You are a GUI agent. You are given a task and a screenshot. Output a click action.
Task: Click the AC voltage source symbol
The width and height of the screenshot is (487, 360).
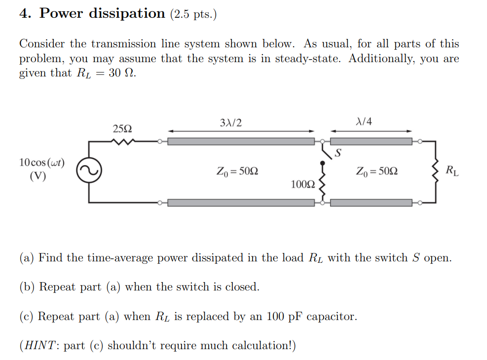(x=89, y=171)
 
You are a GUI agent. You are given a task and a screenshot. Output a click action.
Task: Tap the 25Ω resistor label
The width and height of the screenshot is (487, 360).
(x=122, y=129)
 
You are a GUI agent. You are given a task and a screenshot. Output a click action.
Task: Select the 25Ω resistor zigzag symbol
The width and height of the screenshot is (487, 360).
(x=122, y=142)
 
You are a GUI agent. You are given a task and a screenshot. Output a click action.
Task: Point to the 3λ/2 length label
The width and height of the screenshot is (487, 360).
(x=232, y=122)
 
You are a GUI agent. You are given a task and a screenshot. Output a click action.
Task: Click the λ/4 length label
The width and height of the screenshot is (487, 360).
(x=364, y=122)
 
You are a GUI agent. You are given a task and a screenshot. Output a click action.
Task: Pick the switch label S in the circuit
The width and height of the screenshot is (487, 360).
(x=338, y=153)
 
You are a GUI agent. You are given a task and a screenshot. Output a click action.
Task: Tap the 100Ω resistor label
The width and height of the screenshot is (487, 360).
(x=302, y=184)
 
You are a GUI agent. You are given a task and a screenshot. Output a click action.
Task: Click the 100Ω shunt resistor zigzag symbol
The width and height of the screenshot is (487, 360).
(x=323, y=183)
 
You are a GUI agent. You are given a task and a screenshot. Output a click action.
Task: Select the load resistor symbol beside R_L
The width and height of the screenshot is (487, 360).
(x=436, y=171)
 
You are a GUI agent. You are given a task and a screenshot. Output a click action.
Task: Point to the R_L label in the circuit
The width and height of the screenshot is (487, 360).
(x=451, y=172)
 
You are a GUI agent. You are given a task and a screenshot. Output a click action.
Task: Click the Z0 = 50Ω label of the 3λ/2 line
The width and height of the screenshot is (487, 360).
(x=237, y=172)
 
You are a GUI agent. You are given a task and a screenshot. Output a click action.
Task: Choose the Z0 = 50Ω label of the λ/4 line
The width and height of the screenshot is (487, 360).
(x=377, y=172)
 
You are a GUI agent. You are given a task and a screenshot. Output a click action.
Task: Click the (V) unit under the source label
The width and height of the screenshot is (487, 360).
(x=38, y=176)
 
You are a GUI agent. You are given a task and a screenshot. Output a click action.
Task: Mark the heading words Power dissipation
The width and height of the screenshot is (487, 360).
(x=102, y=14)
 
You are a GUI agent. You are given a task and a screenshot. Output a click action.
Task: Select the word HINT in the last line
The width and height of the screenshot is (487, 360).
(x=40, y=346)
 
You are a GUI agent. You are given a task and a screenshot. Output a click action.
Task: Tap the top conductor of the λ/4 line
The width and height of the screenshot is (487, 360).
(x=371, y=142)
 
